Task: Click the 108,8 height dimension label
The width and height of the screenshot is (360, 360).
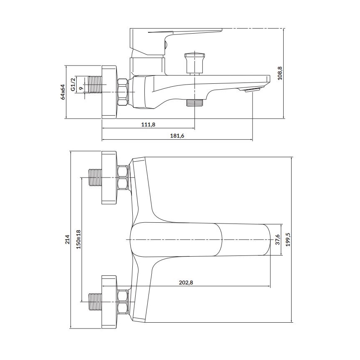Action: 280,73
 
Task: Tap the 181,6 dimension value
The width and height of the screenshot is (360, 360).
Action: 177,135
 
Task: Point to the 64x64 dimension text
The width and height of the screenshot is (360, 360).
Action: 63,92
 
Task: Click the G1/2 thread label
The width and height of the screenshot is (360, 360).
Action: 73,84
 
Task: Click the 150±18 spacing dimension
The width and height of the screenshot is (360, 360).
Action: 78,239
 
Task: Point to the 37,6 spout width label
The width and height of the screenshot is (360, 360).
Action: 278,240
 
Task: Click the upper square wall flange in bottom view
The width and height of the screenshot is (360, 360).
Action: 109,177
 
